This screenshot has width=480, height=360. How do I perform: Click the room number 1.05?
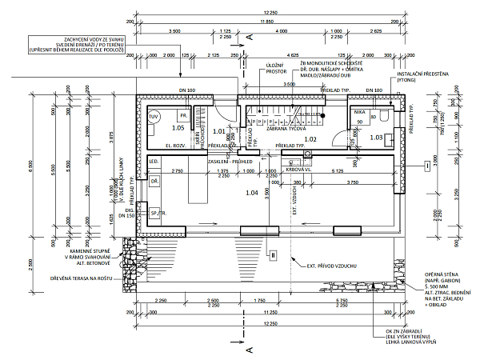pyautogui.click(x=178, y=128)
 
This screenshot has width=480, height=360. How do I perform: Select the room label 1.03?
pyautogui.click(x=375, y=138)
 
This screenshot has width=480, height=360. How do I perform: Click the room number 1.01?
pyautogui.click(x=218, y=130)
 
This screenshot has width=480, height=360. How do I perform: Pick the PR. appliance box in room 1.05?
pyautogui.click(x=182, y=115)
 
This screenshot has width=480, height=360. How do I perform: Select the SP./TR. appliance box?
pyautogui.click(x=156, y=214)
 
